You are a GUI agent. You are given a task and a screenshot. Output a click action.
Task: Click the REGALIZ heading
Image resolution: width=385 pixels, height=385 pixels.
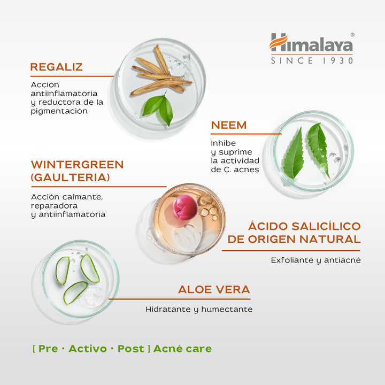56,67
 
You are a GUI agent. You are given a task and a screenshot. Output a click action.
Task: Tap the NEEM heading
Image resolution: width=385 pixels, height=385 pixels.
229,125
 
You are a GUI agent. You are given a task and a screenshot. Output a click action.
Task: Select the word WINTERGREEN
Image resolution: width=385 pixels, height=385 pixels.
77,165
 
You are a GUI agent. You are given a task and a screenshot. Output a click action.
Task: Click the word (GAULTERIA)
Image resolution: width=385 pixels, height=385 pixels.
70,178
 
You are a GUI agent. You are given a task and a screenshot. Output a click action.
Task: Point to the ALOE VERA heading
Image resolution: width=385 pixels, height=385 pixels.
214,289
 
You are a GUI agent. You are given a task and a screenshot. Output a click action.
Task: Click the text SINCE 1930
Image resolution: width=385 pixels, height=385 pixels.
312,60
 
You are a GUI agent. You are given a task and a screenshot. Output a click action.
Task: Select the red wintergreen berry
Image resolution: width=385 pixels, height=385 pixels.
186,207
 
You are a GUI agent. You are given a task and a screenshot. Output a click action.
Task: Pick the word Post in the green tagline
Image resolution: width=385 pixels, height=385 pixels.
131,349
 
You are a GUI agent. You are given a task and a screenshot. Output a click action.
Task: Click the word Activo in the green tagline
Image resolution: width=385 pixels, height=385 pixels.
88,349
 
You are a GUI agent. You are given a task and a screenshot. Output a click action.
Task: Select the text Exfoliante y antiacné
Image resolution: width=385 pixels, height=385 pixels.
316,260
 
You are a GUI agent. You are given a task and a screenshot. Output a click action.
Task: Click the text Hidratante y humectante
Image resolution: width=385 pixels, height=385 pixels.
199,309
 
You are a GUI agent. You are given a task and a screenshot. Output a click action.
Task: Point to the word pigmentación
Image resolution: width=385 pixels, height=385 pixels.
59,111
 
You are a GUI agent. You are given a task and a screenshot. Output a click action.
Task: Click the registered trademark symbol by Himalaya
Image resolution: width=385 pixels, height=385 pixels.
352,35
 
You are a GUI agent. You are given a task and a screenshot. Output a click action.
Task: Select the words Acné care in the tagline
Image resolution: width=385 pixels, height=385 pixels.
182,349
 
